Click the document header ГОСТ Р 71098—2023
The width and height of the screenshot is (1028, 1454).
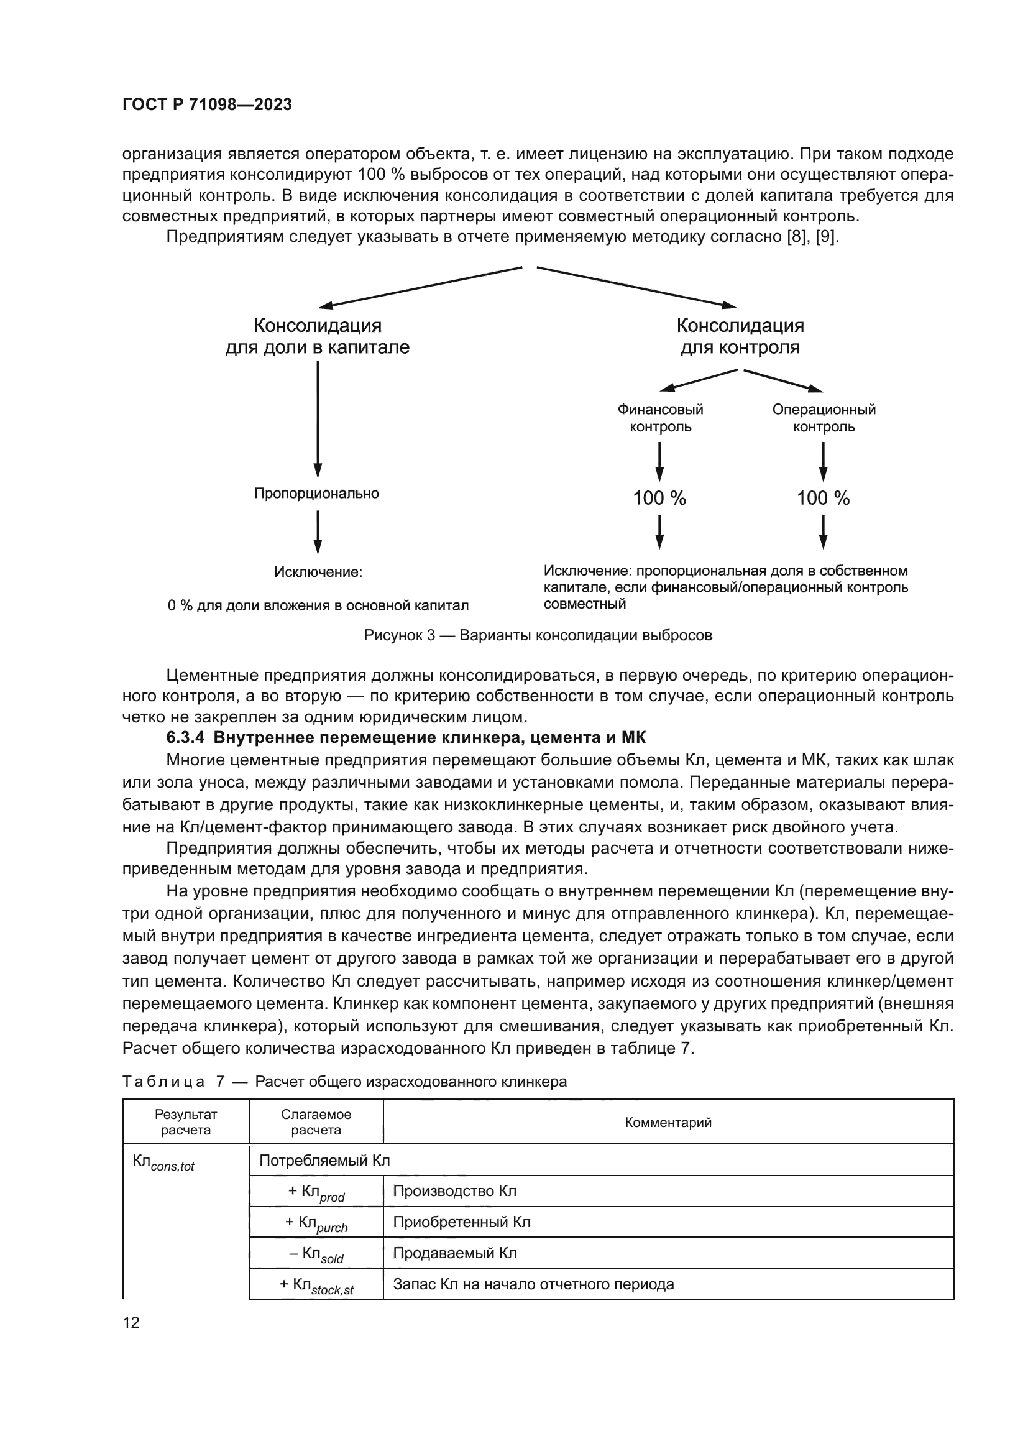[207, 105]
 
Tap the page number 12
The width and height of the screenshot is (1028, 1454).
[131, 1322]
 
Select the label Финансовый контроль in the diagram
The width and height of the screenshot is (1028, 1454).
[660, 418]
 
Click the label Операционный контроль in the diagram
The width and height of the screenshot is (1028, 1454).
[824, 418]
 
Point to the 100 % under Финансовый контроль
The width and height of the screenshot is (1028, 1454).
[659, 499]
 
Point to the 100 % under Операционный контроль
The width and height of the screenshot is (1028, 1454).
[823, 499]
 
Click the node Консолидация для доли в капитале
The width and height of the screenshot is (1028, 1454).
[317, 336]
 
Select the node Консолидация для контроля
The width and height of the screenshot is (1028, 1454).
[740, 336]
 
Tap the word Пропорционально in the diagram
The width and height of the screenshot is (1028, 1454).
[316, 494]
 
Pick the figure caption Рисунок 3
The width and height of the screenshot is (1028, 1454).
[538, 635]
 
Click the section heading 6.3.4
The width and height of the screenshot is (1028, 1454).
[406, 738]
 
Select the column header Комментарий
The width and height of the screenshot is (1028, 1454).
[668, 1123]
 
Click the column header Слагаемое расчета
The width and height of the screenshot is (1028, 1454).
[316, 1123]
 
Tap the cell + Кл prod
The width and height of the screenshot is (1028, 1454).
[316, 1192]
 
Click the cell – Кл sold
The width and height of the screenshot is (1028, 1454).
[316, 1254]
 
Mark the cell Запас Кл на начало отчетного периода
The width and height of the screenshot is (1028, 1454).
[534, 1284]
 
